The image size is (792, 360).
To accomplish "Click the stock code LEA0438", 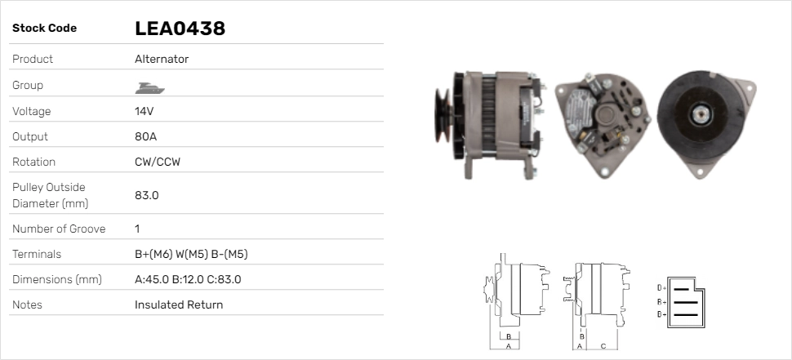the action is point(180,29).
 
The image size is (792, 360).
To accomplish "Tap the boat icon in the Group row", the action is point(149,88).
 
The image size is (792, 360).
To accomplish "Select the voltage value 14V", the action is point(144,111).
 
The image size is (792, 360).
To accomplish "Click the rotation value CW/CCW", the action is point(158,162).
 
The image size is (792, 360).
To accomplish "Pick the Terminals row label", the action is point(37,254).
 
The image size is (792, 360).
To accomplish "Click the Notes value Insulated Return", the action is point(179,304).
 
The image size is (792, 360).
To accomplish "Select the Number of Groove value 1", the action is point(137,229).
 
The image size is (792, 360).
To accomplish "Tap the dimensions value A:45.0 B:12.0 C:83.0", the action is point(188,279).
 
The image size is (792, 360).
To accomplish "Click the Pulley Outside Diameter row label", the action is point(50,195).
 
